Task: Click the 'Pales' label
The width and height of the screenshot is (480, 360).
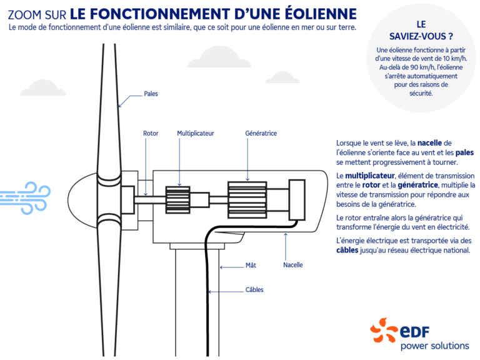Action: pos(151,94)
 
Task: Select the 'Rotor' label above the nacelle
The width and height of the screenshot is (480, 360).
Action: pos(151,133)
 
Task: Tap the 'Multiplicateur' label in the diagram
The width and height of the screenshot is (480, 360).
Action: pos(195,133)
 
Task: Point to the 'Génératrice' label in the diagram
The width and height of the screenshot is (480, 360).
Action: pos(261,133)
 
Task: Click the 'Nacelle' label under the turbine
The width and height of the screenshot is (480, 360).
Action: pos(292,264)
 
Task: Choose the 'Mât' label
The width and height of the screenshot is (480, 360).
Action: pos(250,266)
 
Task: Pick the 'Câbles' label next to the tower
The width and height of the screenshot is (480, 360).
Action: pos(254,289)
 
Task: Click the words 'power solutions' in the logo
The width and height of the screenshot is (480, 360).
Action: pos(434,345)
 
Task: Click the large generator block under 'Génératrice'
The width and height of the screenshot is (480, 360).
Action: pos(247,200)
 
